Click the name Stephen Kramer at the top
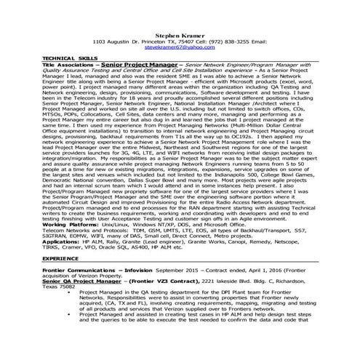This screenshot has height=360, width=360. [180, 34]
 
